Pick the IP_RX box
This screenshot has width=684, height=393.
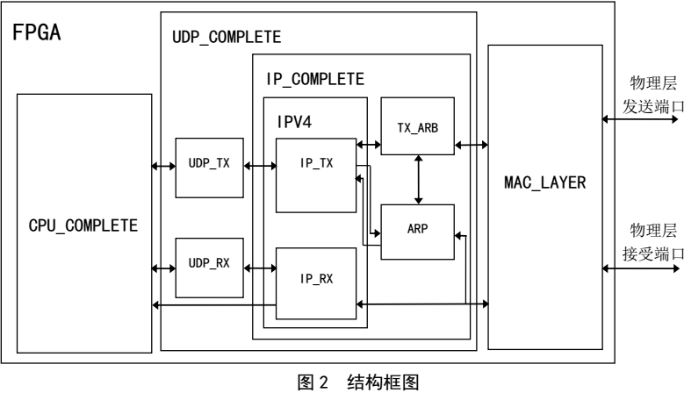pos(315,280)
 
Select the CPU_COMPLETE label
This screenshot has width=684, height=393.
pos(83,225)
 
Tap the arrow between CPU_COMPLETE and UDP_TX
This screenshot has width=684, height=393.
pos(162,164)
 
